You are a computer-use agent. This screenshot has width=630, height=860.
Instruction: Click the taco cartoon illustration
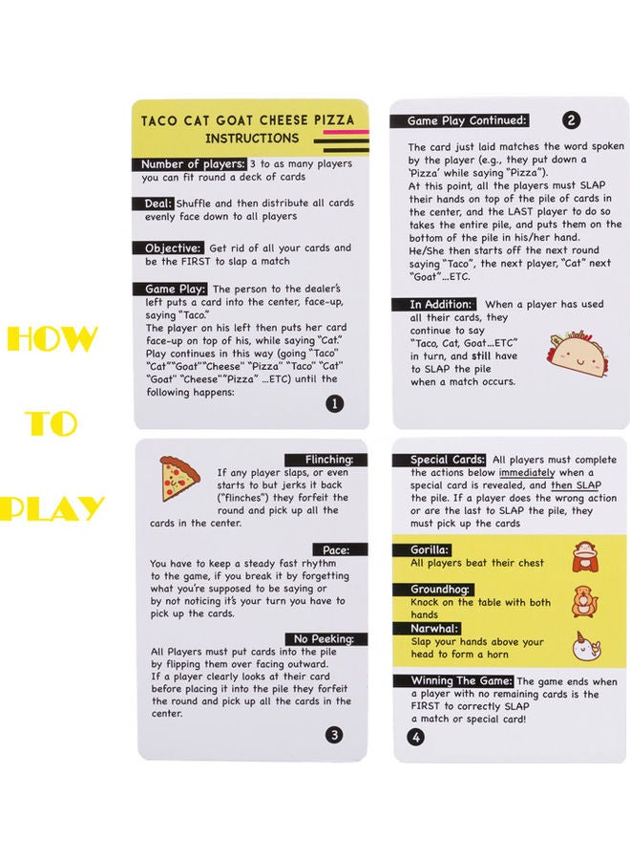[x=577, y=355]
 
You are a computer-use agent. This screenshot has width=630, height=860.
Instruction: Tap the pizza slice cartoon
[x=178, y=478]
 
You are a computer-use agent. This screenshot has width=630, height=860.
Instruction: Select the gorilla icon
[x=585, y=557]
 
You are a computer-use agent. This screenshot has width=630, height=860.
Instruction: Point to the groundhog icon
[x=585, y=602]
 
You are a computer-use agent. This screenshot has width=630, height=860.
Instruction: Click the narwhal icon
[x=586, y=646]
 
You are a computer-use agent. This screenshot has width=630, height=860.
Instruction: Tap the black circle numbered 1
[x=335, y=403]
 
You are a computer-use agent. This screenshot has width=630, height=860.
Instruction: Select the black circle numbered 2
[x=571, y=120]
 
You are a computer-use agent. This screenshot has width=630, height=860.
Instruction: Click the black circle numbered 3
[x=334, y=735]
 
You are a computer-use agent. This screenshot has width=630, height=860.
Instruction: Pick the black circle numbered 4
[x=416, y=737]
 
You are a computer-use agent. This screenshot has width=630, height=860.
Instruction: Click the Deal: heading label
[x=154, y=203]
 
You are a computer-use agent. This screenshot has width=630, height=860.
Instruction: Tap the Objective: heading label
[x=168, y=247]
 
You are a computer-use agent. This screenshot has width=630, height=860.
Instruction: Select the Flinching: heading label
[x=325, y=459]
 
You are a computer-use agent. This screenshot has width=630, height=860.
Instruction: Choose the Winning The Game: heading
[x=453, y=680]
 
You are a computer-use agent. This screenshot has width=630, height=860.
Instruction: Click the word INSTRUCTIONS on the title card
[x=252, y=139]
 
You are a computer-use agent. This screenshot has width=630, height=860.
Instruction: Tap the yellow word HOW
[x=52, y=338]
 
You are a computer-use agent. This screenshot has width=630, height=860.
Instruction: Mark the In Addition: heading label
[x=434, y=304]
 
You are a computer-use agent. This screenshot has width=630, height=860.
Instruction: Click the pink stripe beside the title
[x=346, y=132]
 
